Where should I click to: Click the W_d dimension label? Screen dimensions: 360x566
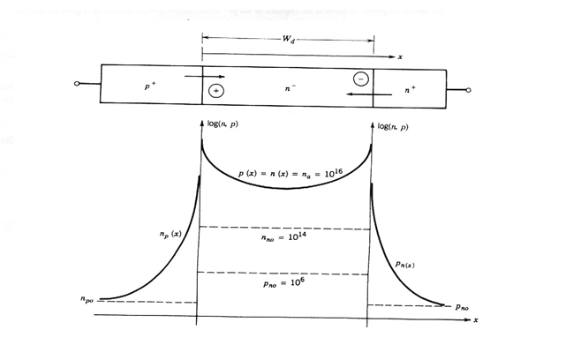point(289,40)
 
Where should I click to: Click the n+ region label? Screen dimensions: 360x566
point(409,89)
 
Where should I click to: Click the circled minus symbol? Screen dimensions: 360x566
point(360,79)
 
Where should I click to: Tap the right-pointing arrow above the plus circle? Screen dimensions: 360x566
point(205,77)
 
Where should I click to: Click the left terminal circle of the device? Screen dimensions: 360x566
point(78,85)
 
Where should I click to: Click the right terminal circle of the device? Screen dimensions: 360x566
point(468,89)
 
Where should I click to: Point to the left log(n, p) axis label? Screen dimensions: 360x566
point(222,125)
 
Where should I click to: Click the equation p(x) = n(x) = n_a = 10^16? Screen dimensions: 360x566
point(285,175)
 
